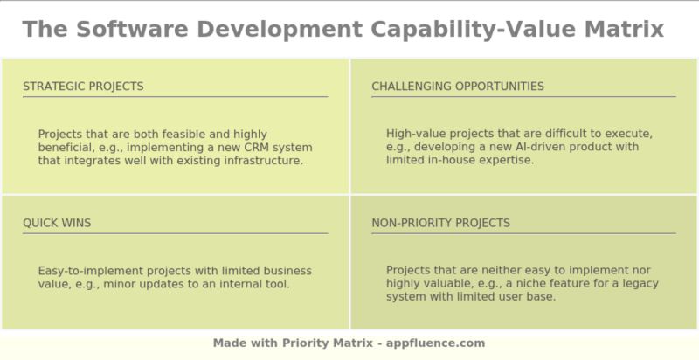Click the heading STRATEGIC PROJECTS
[83, 87]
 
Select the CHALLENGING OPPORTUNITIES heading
[457, 87]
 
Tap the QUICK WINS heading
[57, 223]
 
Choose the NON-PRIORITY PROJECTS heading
[440, 223]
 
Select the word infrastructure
[260, 161]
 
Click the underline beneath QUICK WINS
[175, 233]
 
